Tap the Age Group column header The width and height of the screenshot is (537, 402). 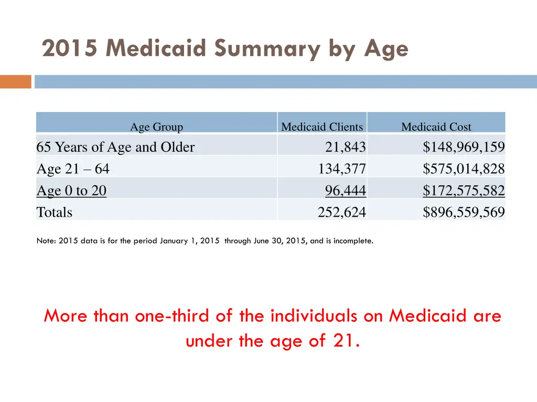click(x=156, y=127)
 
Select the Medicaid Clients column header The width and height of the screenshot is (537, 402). click(x=321, y=127)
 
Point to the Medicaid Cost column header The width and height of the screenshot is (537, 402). click(x=436, y=127)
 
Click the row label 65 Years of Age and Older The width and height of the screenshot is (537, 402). click(x=115, y=148)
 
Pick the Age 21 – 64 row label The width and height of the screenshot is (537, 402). click(x=73, y=169)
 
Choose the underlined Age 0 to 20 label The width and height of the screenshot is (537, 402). click(x=71, y=191)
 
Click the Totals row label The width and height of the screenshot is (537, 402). click(x=54, y=213)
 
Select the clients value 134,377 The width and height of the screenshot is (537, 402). click(x=341, y=169)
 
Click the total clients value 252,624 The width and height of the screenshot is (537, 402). click(x=341, y=213)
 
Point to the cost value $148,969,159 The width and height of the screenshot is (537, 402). click(x=464, y=148)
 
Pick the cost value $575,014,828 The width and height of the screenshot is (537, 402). click(x=464, y=169)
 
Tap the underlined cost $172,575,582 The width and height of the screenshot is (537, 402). click(x=464, y=191)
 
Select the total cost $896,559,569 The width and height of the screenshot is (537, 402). click(x=464, y=213)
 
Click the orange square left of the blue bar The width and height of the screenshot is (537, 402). click(x=16, y=82)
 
